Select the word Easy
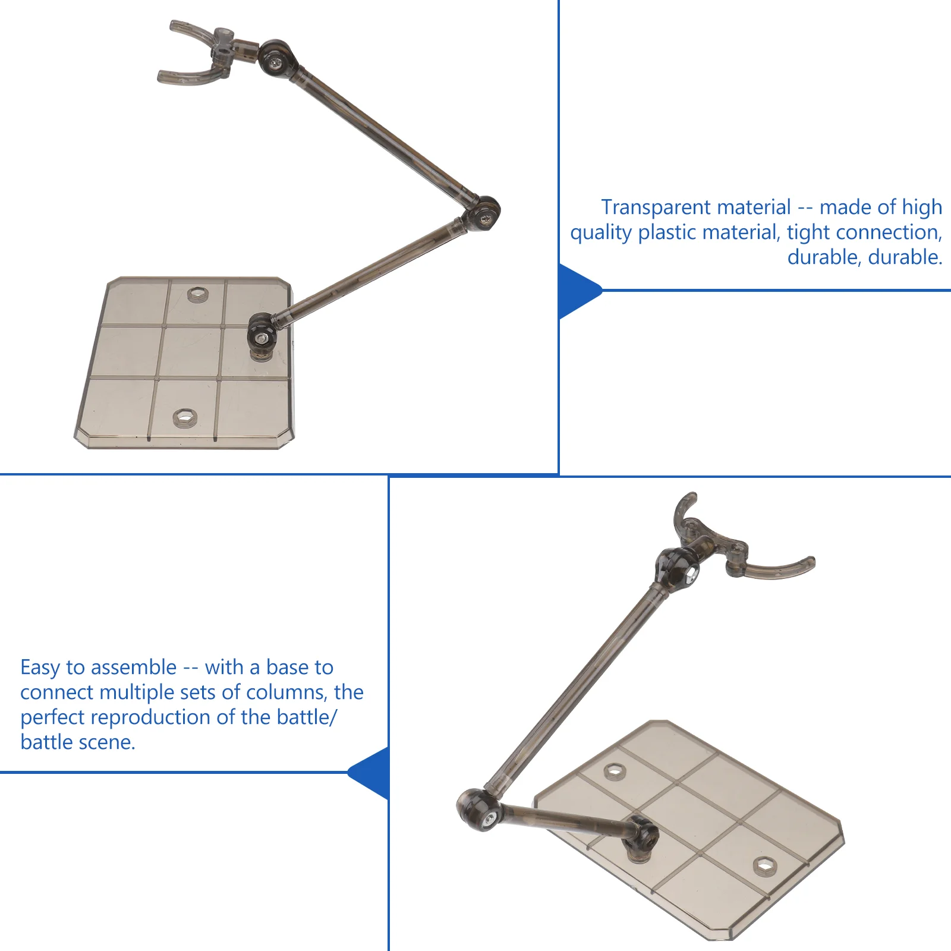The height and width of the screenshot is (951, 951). [x=40, y=668]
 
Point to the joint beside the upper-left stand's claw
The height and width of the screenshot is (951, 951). [x=276, y=59]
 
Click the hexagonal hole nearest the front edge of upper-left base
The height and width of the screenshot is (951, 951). [x=185, y=417]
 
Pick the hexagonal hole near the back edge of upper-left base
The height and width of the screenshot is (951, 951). [x=198, y=294]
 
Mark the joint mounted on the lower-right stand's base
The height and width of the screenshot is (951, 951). [x=641, y=839]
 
